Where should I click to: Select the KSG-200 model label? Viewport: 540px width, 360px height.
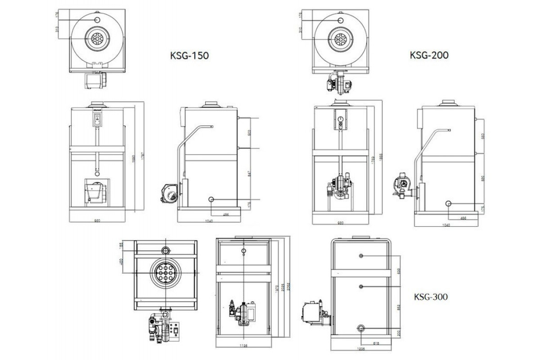[429, 55]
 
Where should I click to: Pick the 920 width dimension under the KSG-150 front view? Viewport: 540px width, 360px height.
[97, 220]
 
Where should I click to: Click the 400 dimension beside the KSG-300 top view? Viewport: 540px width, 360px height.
[121, 262]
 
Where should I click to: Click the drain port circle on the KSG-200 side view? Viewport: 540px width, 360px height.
[449, 203]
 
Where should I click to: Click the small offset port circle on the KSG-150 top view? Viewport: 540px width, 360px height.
[97, 20]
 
